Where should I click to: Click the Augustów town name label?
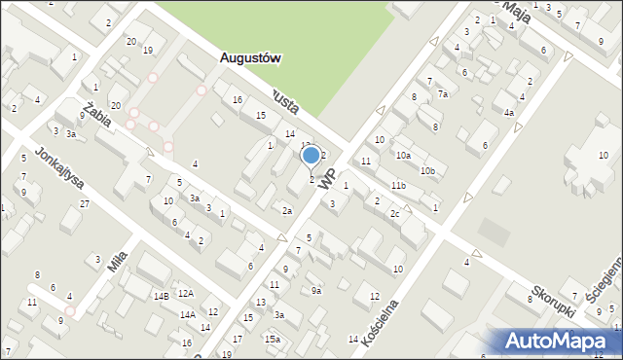tap(250, 57)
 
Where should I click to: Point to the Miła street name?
tap(118, 260)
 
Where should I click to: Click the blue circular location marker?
tap(311, 155)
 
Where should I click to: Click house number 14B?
tap(161, 295)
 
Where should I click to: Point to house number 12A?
tap(185, 293)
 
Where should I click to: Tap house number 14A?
tap(187, 314)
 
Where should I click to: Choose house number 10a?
tap(403, 155)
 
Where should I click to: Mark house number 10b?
tap(427, 170)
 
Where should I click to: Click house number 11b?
tap(398, 185)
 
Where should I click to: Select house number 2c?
tap(394, 213)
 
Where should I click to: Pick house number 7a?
tap(442, 94)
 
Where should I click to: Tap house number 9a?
tap(315, 290)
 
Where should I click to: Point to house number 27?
tap(85, 203)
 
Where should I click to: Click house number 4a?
tap(508, 113)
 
